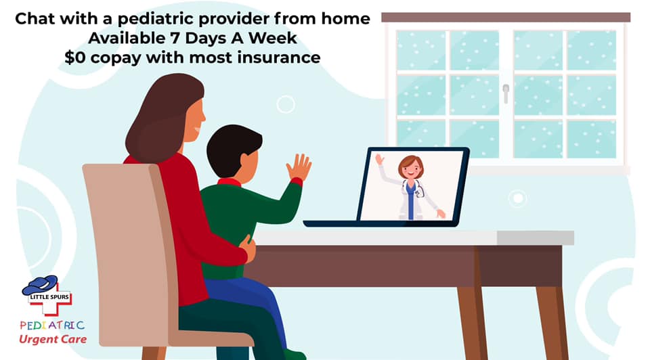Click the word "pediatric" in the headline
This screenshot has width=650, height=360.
[151, 20]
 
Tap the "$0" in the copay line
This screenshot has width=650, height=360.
[75, 57]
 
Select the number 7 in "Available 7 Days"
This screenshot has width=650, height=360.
[174, 38]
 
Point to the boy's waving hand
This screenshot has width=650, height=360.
[299, 167]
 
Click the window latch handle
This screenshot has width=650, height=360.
[506, 93]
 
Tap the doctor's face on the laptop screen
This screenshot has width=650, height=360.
[411, 168]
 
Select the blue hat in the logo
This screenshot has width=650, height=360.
[40, 285]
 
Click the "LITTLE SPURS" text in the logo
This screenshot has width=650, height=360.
[49, 297]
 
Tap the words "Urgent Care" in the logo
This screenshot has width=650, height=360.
[53, 339]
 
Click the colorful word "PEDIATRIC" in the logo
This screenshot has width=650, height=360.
[52, 325]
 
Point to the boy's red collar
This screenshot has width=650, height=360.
[230, 182]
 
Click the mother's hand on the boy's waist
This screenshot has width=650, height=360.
[248, 248]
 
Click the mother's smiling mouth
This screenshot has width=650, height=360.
[196, 130]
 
